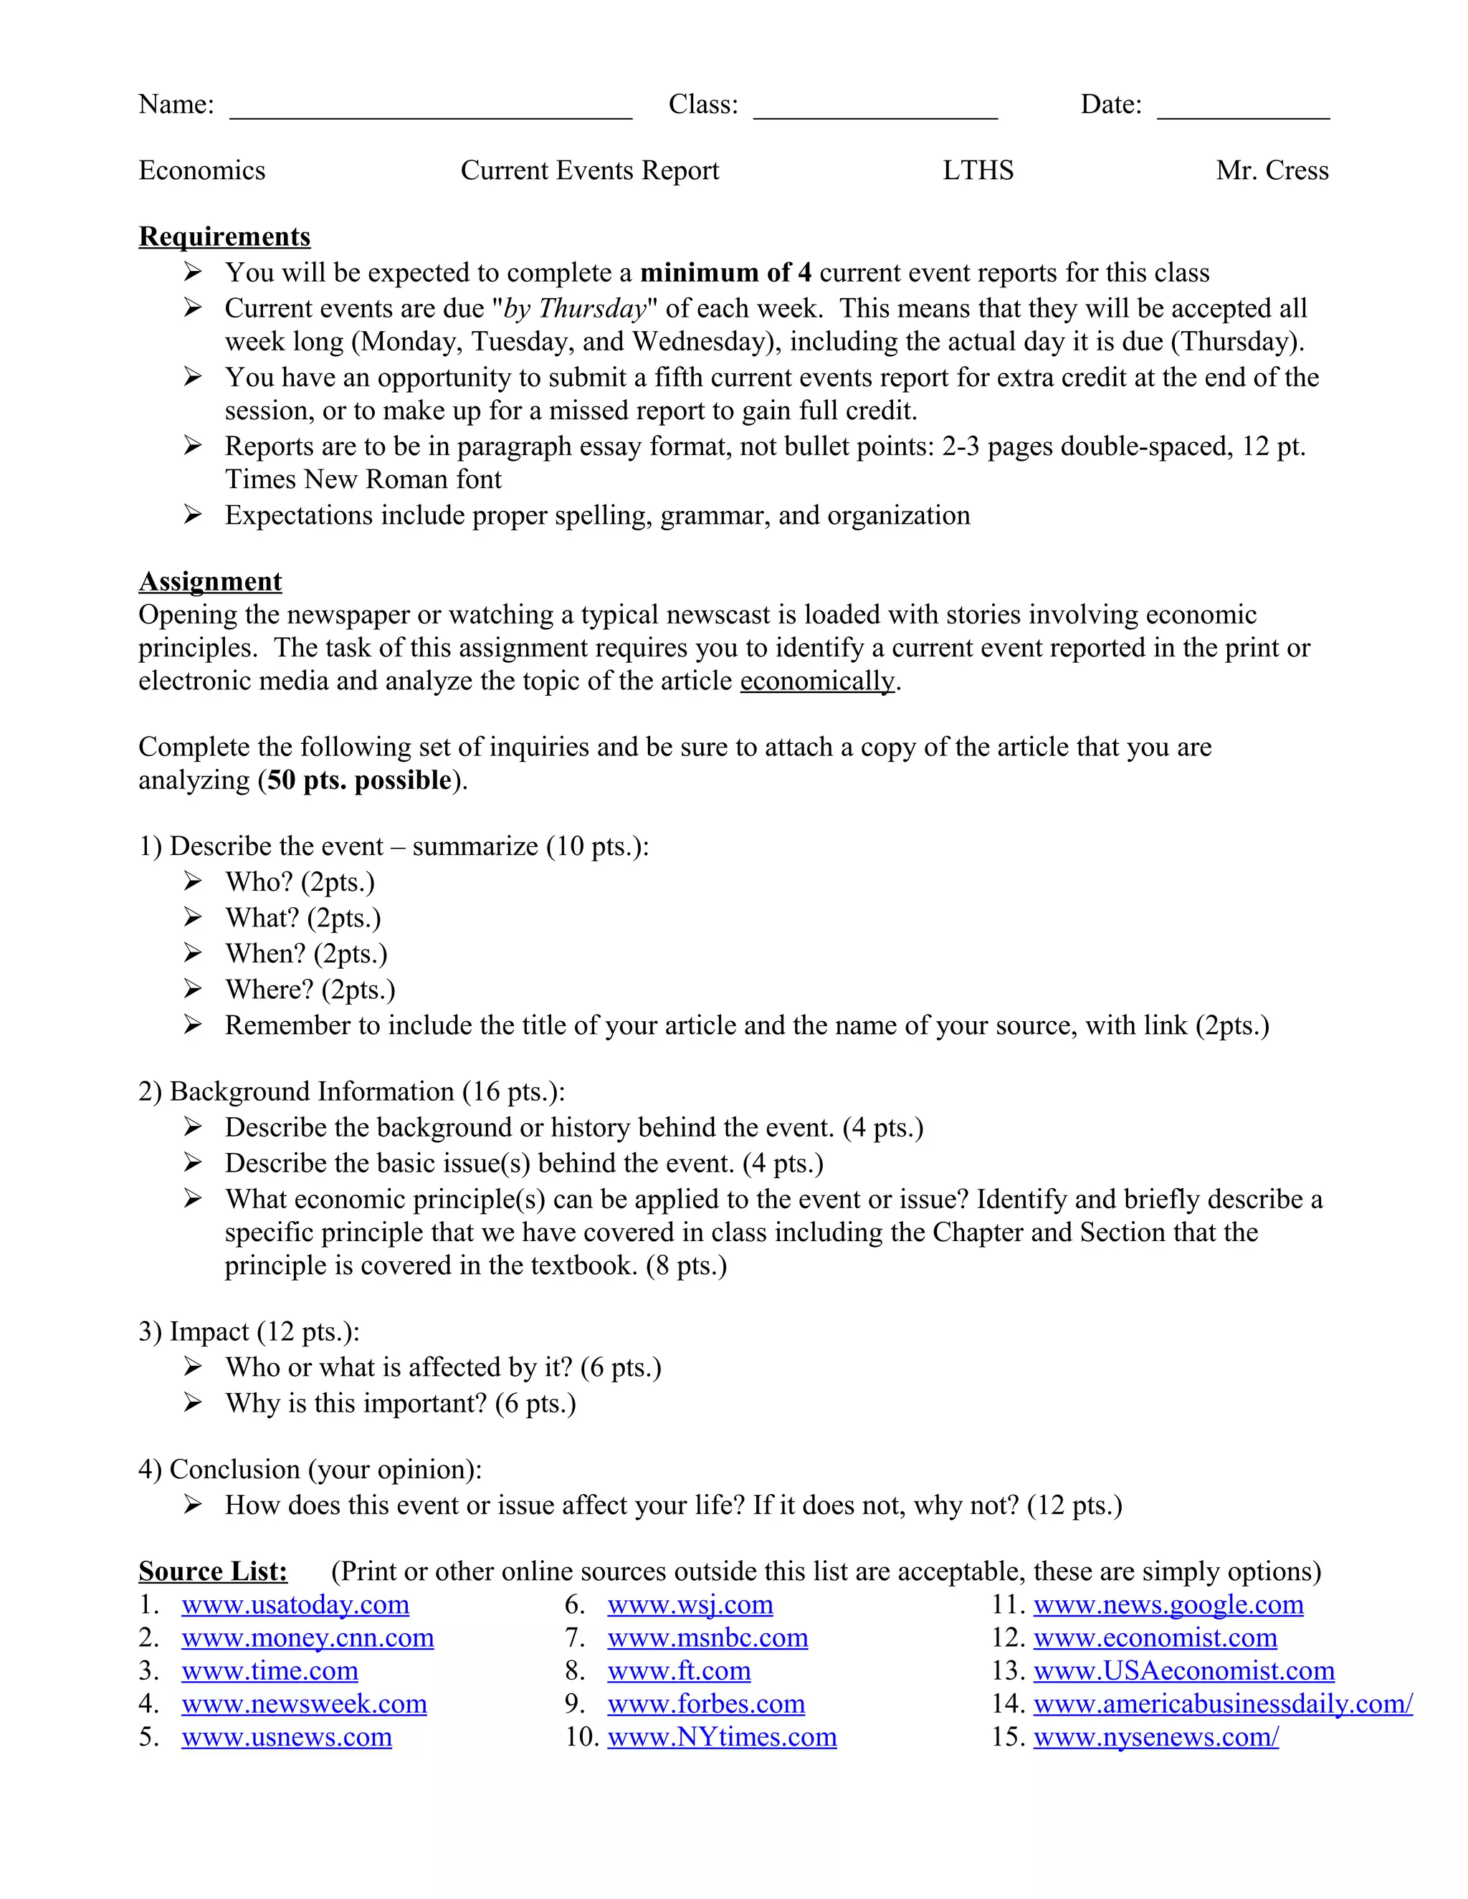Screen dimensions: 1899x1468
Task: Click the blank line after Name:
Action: (x=431, y=111)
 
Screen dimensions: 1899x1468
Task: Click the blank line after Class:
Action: (x=875, y=111)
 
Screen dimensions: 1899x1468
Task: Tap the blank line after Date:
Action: (x=1243, y=111)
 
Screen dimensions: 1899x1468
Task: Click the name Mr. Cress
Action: (x=1272, y=171)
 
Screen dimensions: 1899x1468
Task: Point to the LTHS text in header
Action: (x=978, y=171)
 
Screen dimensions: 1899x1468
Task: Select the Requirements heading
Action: (x=224, y=236)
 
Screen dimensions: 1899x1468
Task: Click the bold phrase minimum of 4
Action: (x=725, y=273)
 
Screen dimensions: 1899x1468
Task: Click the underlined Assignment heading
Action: (x=211, y=581)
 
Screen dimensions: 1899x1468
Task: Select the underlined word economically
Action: (x=816, y=681)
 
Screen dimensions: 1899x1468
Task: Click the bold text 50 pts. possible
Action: (x=359, y=780)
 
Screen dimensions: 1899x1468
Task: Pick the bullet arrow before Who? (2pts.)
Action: (x=193, y=881)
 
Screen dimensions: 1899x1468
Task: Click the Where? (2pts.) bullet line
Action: (x=310, y=990)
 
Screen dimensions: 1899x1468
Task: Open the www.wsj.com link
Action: (x=690, y=1604)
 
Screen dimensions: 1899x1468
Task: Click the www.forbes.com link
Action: (x=705, y=1703)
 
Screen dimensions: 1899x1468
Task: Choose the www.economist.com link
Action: (x=1154, y=1637)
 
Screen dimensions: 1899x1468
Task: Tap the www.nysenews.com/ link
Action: (x=1155, y=1736)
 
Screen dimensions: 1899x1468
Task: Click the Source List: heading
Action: (x=213, y=1572)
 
